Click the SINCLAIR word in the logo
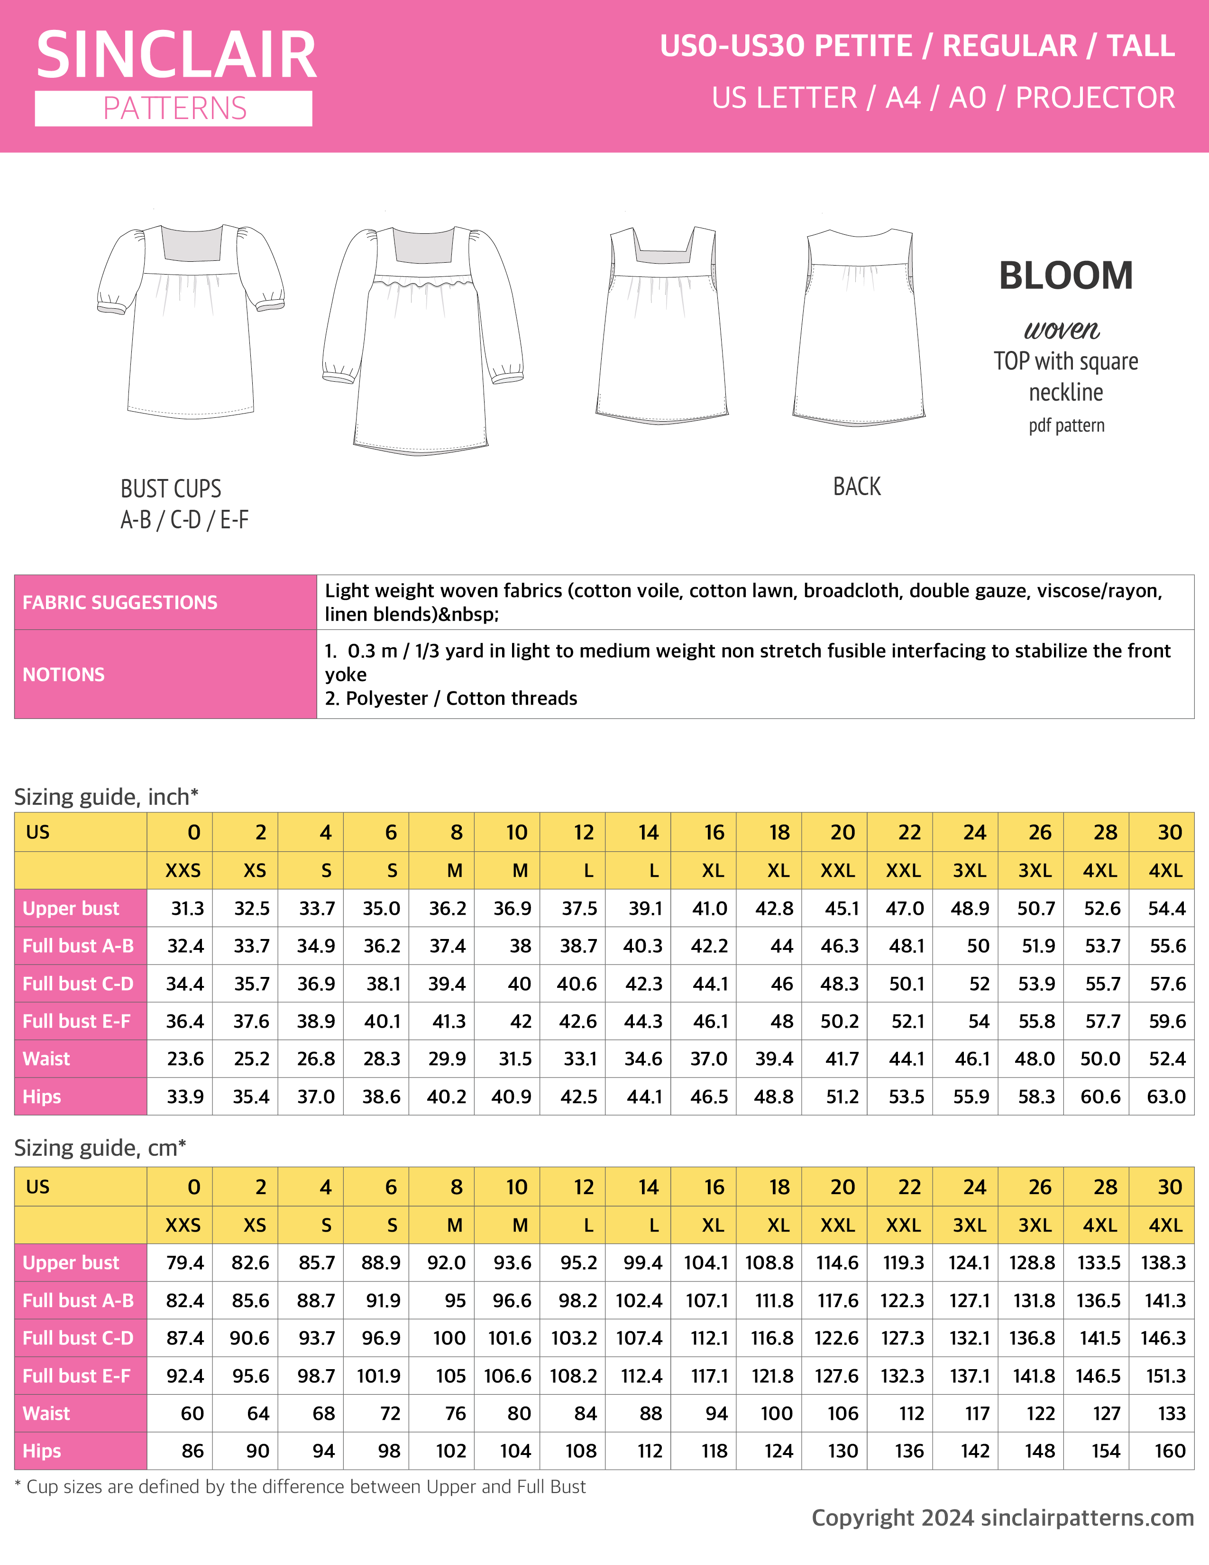click(176, 56)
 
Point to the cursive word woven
click(1062, 329)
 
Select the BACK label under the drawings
click(857, 487)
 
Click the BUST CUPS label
click(171, 488)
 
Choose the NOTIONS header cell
click(64, 674)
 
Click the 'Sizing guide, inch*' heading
click(106, 797)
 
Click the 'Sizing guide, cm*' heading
click(100, 1147)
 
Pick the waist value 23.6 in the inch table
click(185, 1059)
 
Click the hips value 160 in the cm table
click(1170, 1451)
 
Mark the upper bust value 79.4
click(185, 1262)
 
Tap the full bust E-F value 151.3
click(1165, 1376)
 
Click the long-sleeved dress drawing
click(422, 337)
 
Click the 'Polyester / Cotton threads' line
click(461, 699)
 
